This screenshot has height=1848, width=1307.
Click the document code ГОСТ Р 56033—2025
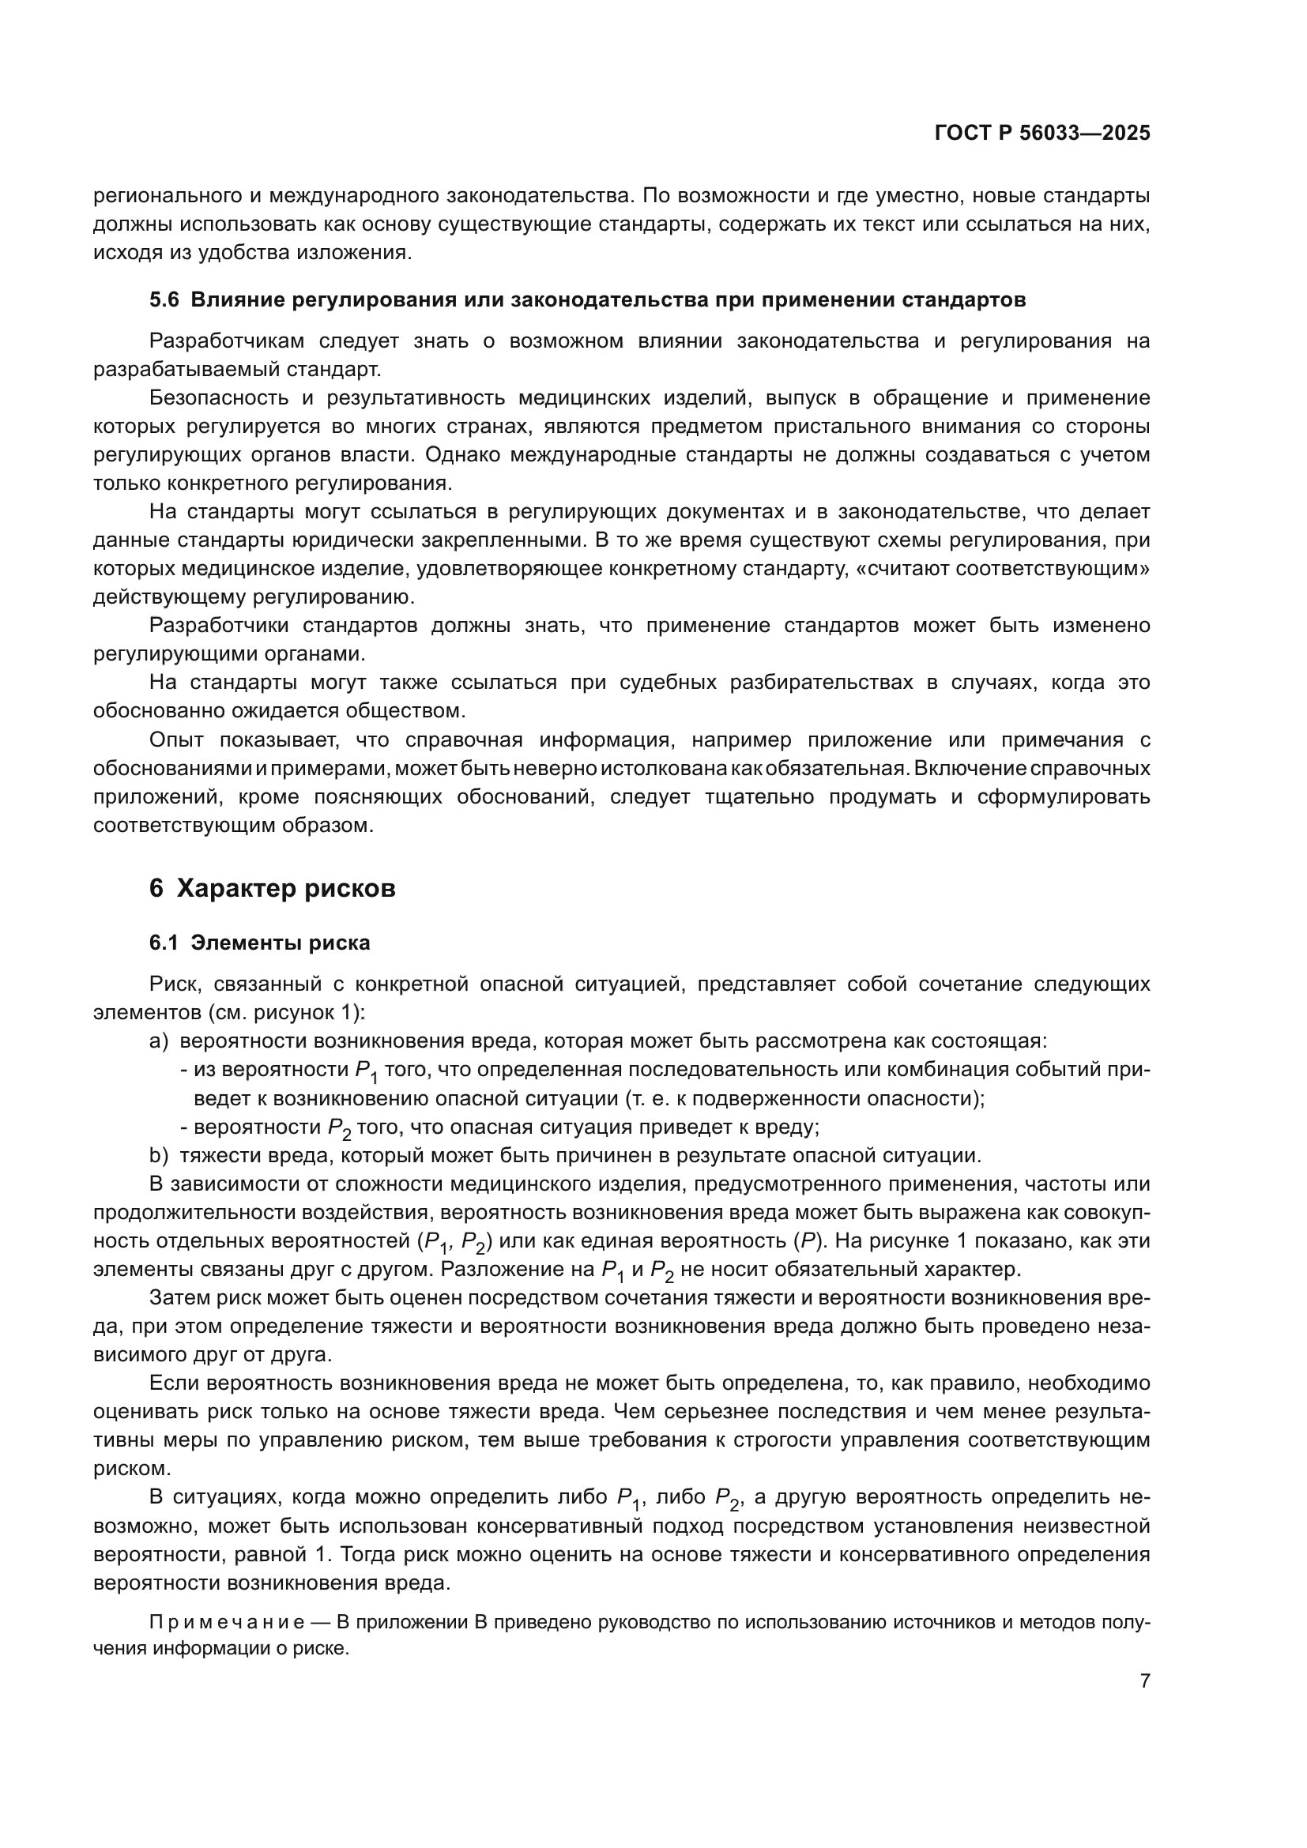point(1042,134)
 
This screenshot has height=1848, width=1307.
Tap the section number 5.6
point(164,301)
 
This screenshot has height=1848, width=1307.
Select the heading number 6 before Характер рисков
point(156,889)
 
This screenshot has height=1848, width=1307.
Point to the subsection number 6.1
point(164,943)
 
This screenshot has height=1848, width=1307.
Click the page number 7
point(1145,1681)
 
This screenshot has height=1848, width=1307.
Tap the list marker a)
point(159,1041)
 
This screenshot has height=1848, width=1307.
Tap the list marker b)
point(159,1156)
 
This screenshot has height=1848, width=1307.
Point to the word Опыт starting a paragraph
point(177,740)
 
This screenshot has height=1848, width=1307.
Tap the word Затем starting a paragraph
point(177,1298)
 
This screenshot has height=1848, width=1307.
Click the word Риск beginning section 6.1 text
point(172,984)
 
